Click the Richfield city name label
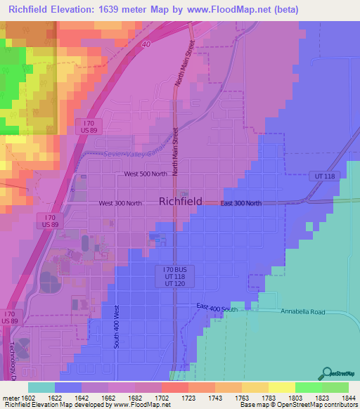click(181, 201)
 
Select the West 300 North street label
click(120, 203)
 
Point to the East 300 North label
click(240, 203)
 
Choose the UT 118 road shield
click(322, 176)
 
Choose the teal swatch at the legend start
click(41, 387)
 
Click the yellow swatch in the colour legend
click(281, 387)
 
